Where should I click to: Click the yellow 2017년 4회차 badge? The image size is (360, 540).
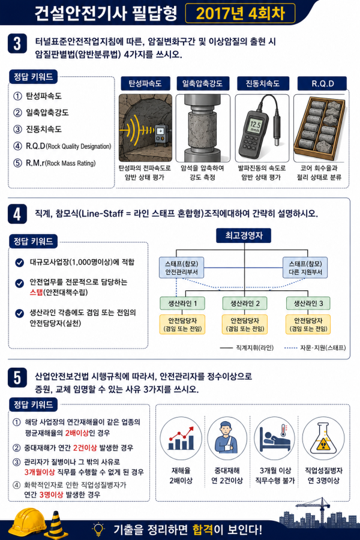point(240,13)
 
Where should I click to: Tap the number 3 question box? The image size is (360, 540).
point(17,44)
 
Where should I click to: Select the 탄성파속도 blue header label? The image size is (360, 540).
point(145,83)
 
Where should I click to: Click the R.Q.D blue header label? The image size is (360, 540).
point(322,83)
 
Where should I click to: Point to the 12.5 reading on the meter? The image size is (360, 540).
point(255,125)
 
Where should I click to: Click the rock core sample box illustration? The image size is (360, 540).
point(319,128)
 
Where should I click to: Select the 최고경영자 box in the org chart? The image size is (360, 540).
point(244,236)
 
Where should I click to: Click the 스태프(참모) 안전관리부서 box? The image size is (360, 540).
point(181,268)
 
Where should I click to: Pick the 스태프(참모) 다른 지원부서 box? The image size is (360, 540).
point(305,268)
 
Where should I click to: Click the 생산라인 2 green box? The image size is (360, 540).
point(245,304)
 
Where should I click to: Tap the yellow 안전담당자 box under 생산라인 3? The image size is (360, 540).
point(308,325)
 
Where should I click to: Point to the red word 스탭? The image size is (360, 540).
point(36,292)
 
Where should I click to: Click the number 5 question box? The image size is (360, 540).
point(17,378)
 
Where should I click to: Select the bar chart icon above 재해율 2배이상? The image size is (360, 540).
point(181,438)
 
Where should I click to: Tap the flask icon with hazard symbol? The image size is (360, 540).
point(323,439)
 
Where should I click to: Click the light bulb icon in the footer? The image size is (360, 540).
point(98,528)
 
